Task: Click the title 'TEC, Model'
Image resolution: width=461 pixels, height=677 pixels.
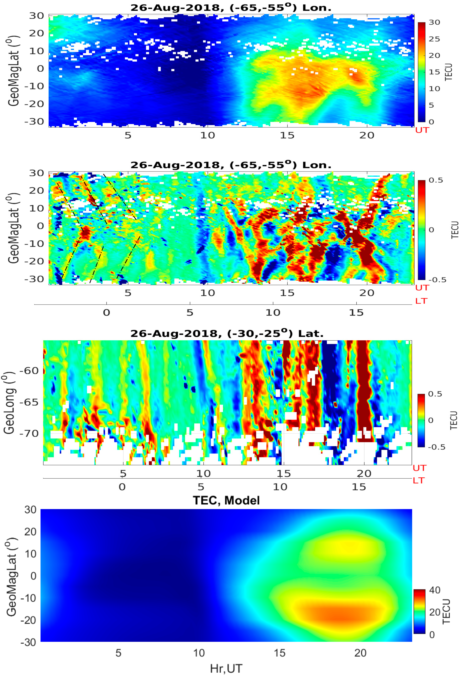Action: [226, 500]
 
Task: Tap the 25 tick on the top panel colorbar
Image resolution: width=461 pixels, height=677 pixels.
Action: [434, 39]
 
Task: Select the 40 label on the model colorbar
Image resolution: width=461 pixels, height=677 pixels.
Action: [434, 590]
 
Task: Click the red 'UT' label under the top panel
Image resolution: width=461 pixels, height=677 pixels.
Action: [422, 130]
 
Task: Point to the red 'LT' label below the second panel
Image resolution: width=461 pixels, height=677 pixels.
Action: [421, 301]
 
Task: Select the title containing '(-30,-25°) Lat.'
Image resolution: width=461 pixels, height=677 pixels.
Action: [227, 333]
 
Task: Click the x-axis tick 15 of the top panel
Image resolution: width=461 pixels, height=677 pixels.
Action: [287, 135]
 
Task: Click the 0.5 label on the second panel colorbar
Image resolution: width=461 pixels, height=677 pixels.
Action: [436, 180]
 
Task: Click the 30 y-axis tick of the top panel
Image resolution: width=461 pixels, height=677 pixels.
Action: [36, 16]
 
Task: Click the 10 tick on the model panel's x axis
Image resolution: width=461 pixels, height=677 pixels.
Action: [199, 653]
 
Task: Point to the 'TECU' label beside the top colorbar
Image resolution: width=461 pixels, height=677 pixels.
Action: [449, 72]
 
